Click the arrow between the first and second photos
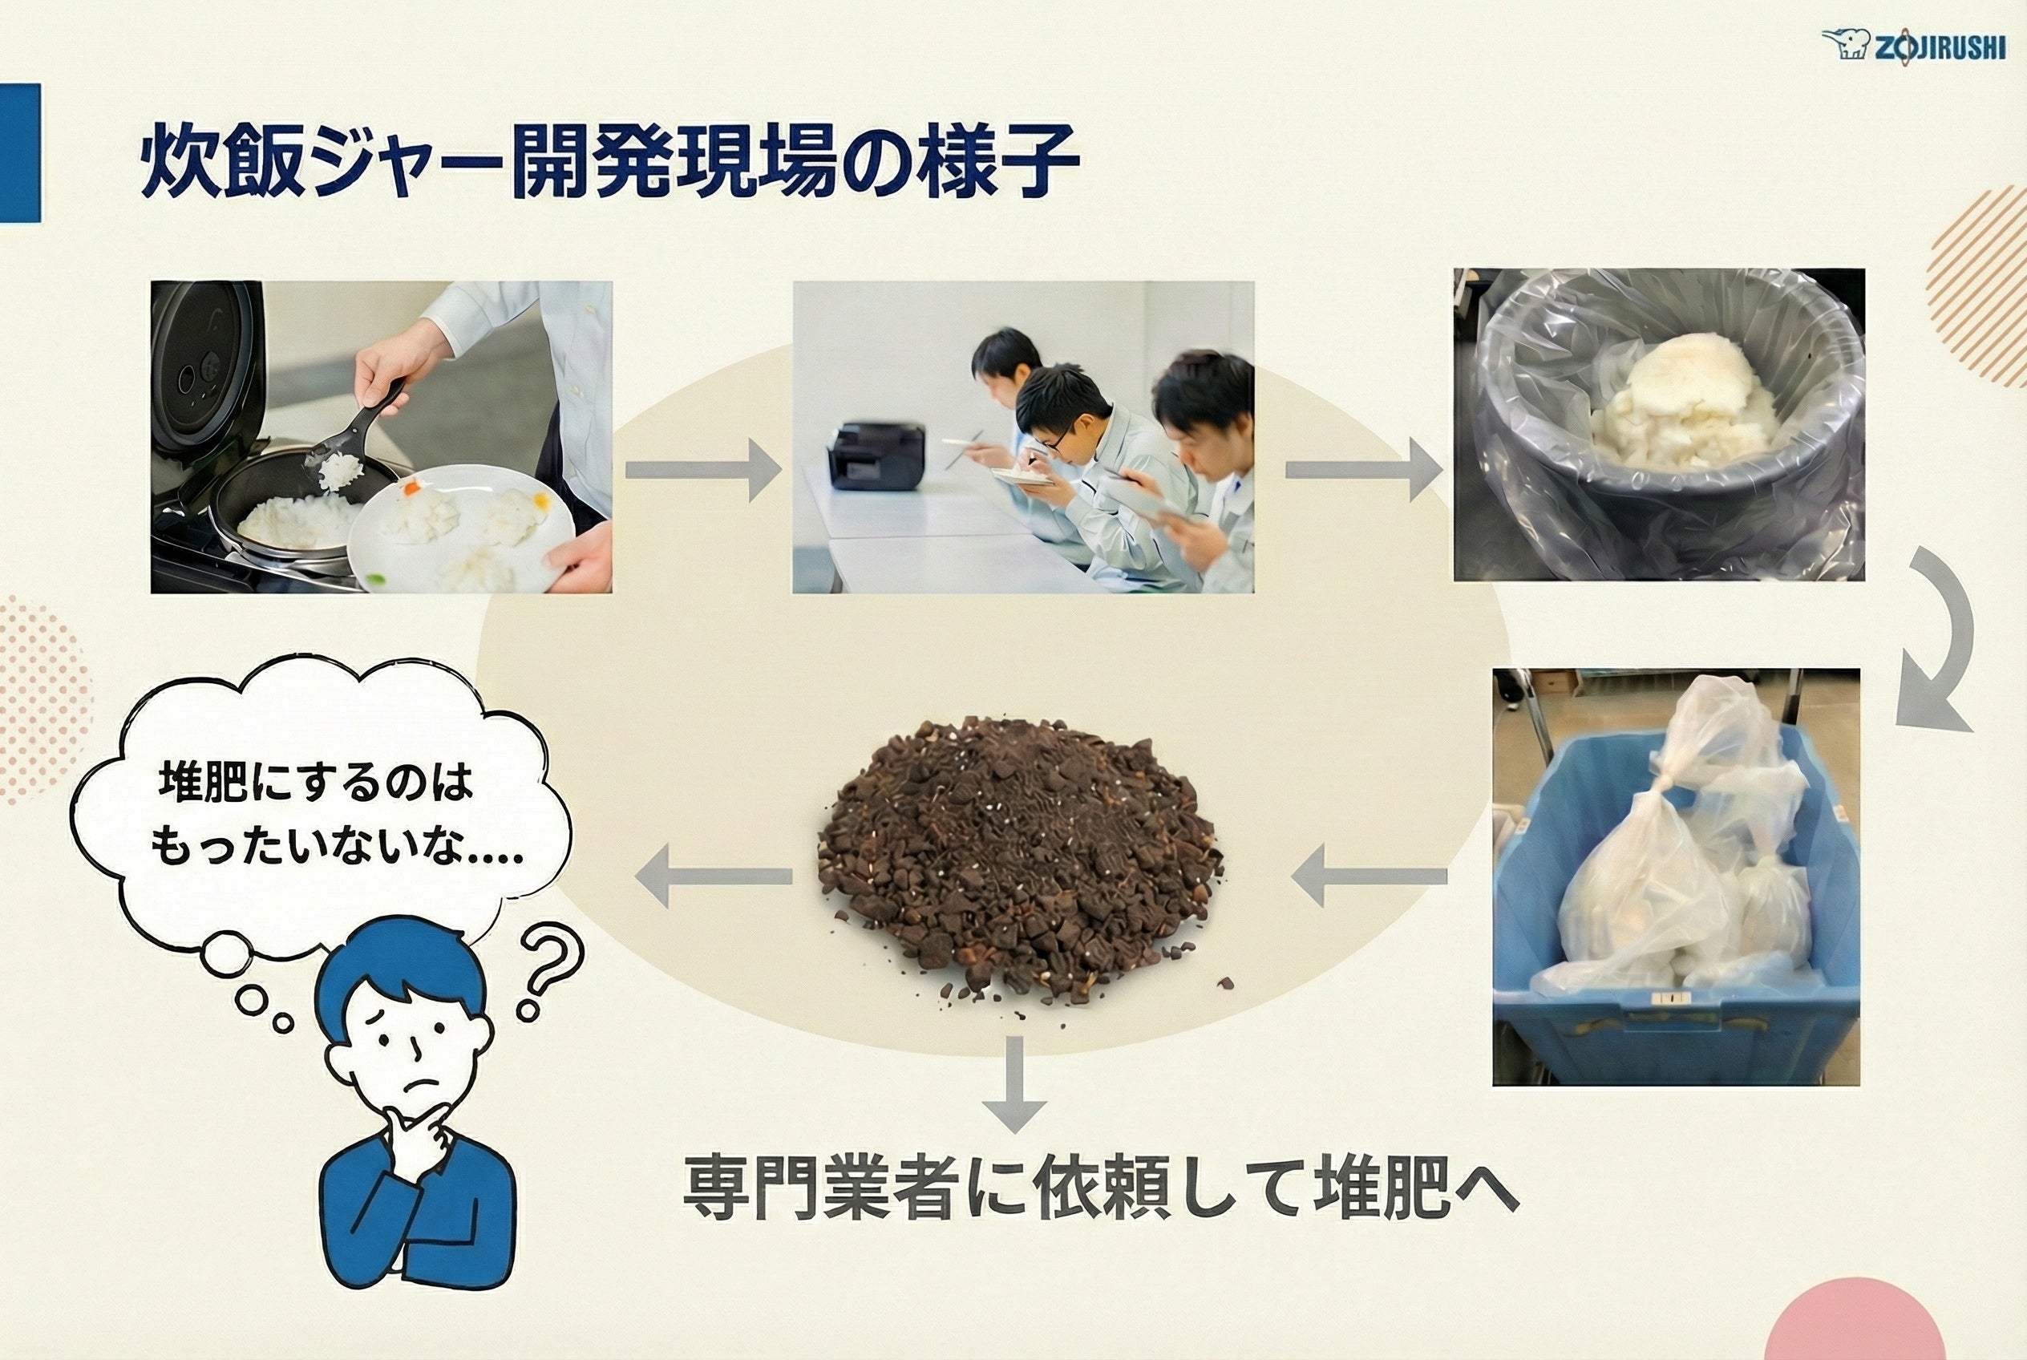click(703, 470)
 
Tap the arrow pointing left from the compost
click(713, 876)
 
